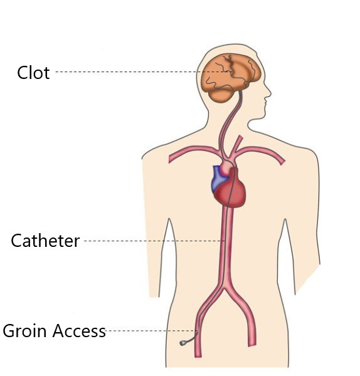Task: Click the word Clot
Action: click(x=33, y=73)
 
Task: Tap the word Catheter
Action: click(x=45, y=241)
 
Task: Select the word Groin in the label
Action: click(x=24, y=331)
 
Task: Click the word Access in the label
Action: click(x=79, y=331)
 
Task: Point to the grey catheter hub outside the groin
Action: click(x=183, y=343)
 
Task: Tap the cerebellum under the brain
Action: click(x=221, y=95)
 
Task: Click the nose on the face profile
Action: click(x=268, y=92)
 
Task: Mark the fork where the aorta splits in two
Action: click(x=225, y=288)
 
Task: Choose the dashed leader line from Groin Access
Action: click(x=151, y=331)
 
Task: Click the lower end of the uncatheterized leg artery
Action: click(x=251, y=345)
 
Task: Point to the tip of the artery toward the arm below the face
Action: click(x=282, y=162)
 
